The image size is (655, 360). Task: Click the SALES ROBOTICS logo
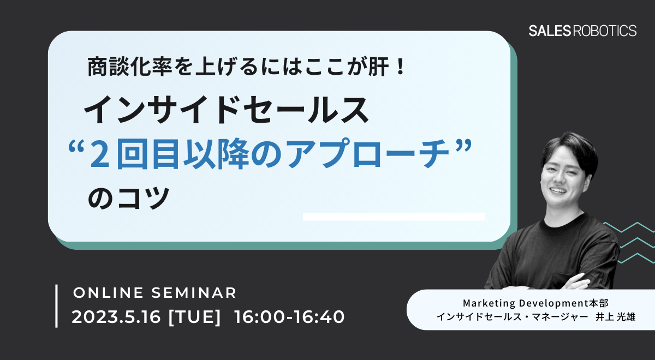[x=582, y=31]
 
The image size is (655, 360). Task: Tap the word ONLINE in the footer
[x=108, y=293]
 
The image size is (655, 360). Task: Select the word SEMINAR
[x=194, y=293]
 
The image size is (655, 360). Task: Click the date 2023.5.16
[x=116, y=317]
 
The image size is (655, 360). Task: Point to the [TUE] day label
[x=194, y=317]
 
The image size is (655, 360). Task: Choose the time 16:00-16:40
[x=289, y=317]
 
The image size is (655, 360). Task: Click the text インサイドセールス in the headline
[x=226, y=110]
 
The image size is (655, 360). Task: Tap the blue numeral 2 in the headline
[x=100, y=154]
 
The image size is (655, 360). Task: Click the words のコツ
[x=129, y=198]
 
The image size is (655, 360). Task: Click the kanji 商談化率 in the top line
[x=130, y=67]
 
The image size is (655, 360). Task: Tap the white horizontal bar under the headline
[x=394, y=217]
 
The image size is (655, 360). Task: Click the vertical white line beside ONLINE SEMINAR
[x=56, y=306]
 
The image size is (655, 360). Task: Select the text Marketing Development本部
[x=535, y=303]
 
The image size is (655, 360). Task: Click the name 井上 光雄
[x=615, y=317]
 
